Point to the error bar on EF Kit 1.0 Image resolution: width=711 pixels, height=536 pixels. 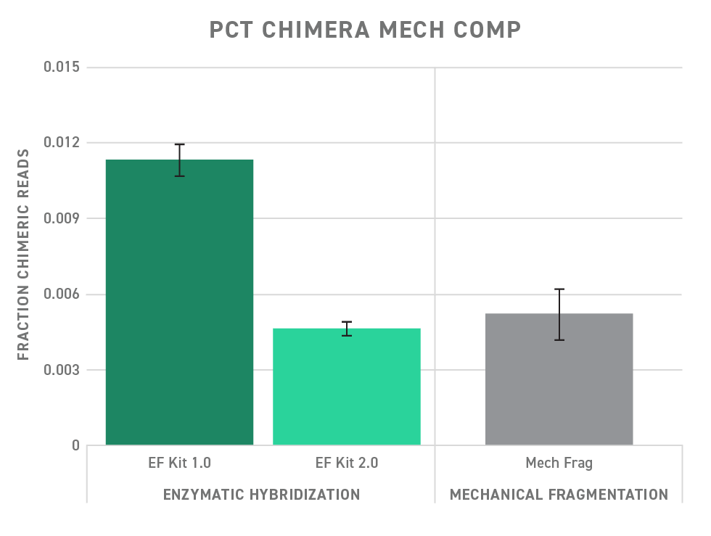click(x=179, y=160)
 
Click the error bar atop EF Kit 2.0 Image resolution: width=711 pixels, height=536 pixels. click(x=347, y=329)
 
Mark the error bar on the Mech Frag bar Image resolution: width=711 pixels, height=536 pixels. click(x=559, y=314)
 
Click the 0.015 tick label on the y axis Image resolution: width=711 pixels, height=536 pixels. click(x=62, y=67)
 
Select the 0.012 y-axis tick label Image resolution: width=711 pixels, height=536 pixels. click(x=62, y=143)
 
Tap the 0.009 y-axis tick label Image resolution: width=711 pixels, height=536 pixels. click(x=62, y=218)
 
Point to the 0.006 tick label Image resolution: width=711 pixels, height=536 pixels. click(x=62, y=294)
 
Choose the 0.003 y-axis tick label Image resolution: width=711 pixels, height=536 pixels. click(x=62, y=370)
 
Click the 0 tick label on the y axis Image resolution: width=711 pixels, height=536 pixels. click(x=75, y=445)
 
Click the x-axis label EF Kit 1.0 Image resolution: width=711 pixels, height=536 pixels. click(x=179, y=463)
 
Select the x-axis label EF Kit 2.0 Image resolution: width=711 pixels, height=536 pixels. click(x=347, y=463)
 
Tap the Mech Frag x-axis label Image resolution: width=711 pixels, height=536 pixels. click(x=559, y=463)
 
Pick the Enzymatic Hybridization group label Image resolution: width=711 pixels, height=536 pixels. click(x=261, y=495)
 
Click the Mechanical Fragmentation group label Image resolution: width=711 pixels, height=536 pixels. click(x=559, y=495)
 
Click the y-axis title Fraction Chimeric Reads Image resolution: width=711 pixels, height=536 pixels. click(x=23, y=254)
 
